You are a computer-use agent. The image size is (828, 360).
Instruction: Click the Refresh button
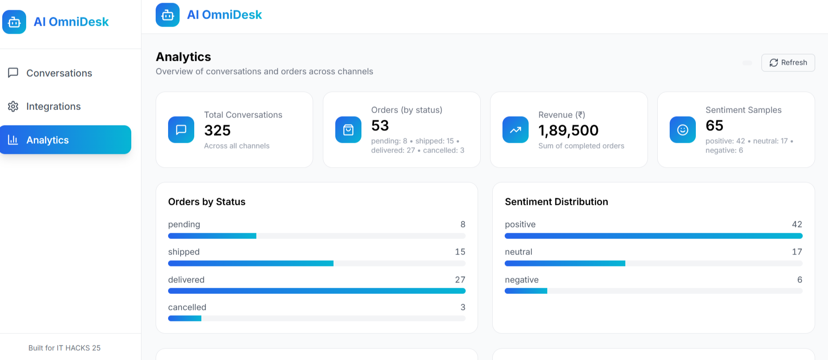pyautogui.click(x=788, y=63)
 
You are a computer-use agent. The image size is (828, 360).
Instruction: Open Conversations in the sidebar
pyautogui.click(x=59, y=73)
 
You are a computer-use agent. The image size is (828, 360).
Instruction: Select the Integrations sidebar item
pyautogui.click(x=53, y=106)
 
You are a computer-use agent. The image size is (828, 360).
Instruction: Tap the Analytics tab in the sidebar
pyautogui.click(x=66, y=140)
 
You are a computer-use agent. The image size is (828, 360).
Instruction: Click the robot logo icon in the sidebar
pyautogui.click(x=14, y=22)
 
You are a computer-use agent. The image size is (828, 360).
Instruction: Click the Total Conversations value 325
pyautogui.click(x=217, y=130)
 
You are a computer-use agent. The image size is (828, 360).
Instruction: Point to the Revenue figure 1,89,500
pyautogui.click(x=568, y=130)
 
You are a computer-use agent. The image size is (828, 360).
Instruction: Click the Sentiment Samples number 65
pyautogui.click(x=714, y=125)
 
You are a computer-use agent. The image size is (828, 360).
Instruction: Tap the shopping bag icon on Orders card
pyautogui.click(x=348, y=130)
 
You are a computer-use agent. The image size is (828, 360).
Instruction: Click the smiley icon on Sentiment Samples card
pyautogui.click(x=683, y=130)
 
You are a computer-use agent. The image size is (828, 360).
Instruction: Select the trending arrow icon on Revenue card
pyautogui.click(x=515, y=130)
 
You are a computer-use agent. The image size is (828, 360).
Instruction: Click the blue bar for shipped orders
pyautogui.click(x=251, y=263)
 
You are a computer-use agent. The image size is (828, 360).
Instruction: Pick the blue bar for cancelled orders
pyautogui.click(x=184, y=318)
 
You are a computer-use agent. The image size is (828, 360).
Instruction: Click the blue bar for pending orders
pyautogui.click(x=212, y=236)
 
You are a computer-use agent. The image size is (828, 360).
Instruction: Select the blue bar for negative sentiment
pyautogui.click(x=526, y=291)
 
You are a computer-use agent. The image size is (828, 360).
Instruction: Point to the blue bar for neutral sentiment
pyautogui.click(x=565, y=263)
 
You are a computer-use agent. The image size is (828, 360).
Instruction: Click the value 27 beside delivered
pyautogui.click(x=460, y=280)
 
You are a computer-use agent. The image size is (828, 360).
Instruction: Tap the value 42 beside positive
pyautogui.click(x=797, y=224)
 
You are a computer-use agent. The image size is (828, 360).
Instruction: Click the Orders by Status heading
pyautogui.click(x=207, y=202)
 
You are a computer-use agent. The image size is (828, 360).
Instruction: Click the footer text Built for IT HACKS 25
pyautogui.click(x=64, y=348)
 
